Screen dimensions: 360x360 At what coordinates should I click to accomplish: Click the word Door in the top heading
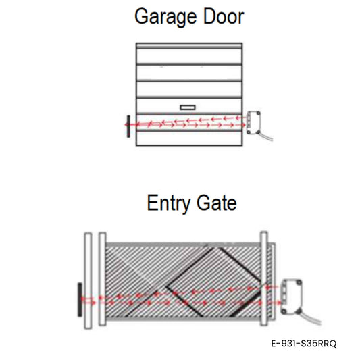[x=224, y=16]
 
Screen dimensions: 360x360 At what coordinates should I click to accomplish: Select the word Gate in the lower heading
[x=217, y=203]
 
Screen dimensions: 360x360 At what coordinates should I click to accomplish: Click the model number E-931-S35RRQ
[x=304, y=344]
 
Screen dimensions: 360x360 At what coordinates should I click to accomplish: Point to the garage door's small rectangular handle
[x=188, y=107]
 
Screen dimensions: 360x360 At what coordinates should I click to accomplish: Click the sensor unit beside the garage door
[x=253, y=122]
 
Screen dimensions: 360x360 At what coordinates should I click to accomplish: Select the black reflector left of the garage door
[x=128, y=126]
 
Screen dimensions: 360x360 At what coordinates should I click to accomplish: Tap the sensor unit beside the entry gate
[x=291, y=297]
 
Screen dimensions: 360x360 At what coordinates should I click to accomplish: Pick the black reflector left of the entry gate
[x=80, y=300]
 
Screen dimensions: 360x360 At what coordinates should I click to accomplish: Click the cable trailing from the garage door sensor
[x=266, y=136]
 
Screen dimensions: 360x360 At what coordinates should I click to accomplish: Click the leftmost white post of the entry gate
[x=88, y=281]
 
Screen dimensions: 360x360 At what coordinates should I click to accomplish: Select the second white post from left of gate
[x=103, y=279]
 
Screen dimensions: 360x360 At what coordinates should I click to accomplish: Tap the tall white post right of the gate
[x=264, y=278]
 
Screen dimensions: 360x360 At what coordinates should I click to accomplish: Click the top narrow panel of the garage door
[x=189, y=45]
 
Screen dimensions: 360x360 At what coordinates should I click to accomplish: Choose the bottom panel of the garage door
[x=189, y=138]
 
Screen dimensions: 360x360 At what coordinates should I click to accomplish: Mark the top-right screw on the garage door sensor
[x=258, y=113]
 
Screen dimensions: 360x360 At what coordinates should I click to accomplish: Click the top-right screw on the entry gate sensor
[x=299, y=282]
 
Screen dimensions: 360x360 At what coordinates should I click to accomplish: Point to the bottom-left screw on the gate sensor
[x=284, y=311]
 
